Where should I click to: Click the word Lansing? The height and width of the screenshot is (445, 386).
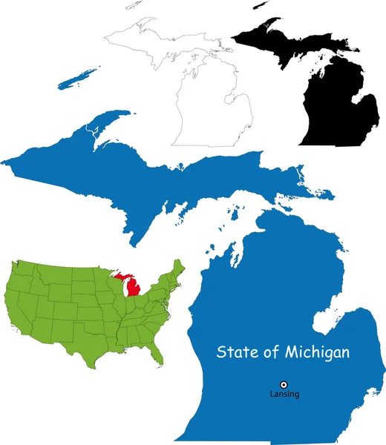(284, 394)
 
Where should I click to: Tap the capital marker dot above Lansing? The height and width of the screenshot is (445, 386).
(284, 383)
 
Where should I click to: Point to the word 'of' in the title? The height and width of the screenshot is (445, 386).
(270, 352)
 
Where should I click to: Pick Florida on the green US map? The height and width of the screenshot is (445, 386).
(154, 355)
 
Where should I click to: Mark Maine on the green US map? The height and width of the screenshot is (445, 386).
(178, 268)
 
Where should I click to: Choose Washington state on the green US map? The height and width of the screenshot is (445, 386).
(20, 267)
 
